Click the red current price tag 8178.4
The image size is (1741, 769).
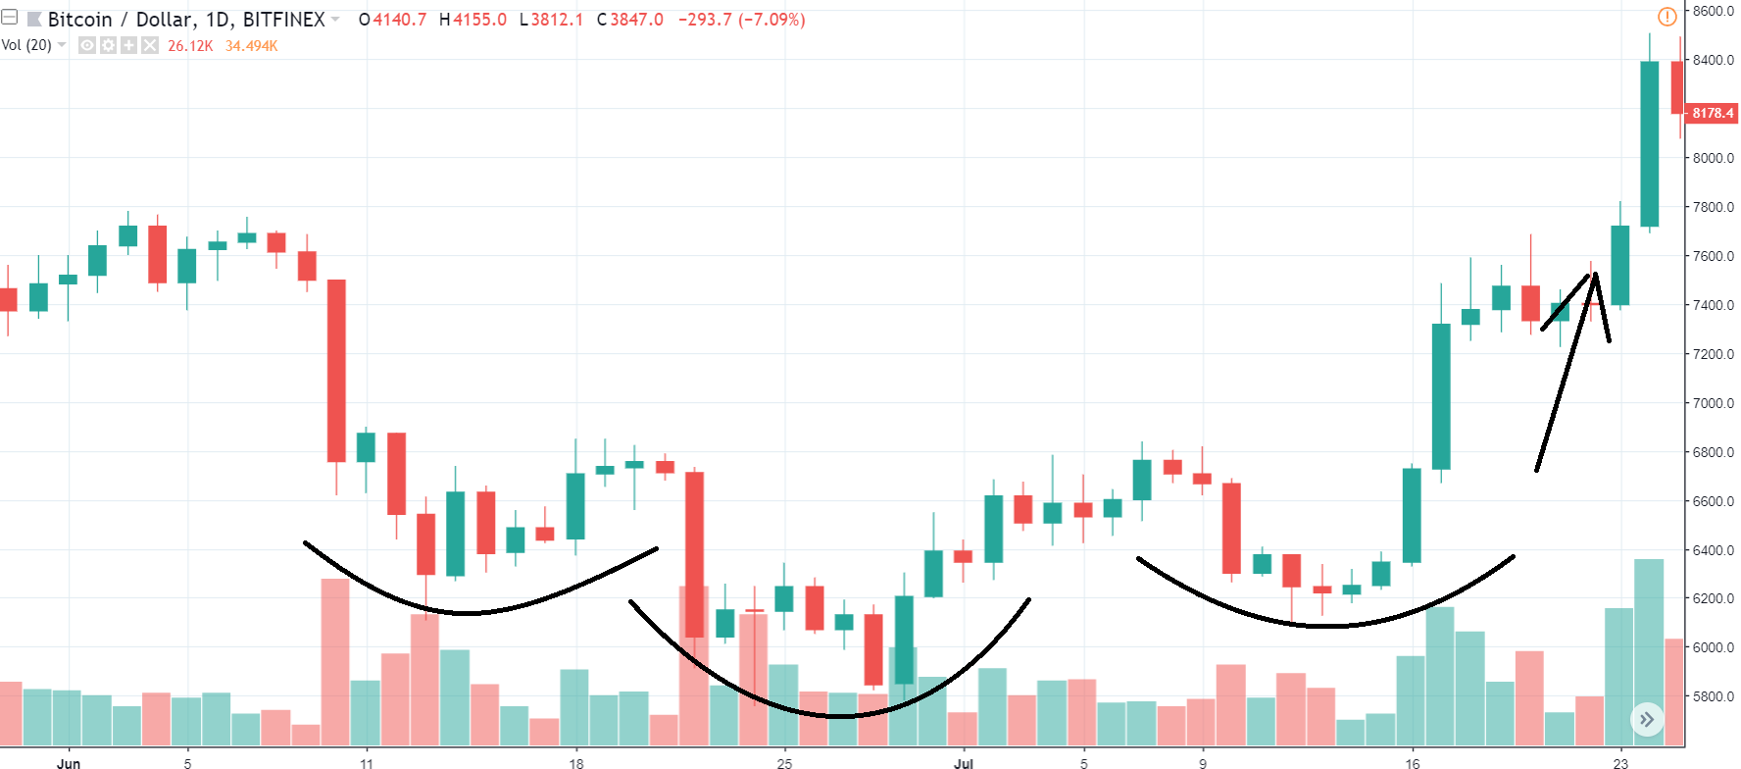[x=1713, y=113]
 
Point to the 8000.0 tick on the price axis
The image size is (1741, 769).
[x=1713, y=158]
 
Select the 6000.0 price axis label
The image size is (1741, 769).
[x=1713, y=647]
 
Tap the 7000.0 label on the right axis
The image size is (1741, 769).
[x=1713, y=403]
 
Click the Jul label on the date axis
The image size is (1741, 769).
[x=964, y=762]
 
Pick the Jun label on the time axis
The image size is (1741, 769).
[x=69, y=762]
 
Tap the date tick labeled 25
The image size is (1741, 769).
[x=784, y=762]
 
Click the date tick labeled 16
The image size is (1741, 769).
[x=1412, y=762]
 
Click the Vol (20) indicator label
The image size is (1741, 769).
[x=26, y=45]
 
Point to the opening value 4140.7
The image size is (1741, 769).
[x=399, y=20]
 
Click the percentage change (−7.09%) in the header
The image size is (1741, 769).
[x=771, y=20]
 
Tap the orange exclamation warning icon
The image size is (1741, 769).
[x=1666, y=17]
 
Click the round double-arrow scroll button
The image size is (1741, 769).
[x=1647, y=720]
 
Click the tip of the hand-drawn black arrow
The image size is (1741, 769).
[x=1595, y=275]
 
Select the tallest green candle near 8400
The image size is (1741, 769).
[x=1650, y=143]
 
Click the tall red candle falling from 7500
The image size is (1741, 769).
[x=336, y=371]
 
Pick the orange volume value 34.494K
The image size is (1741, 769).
[x=252, y=46]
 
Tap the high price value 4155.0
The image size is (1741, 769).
[x=479, y=20]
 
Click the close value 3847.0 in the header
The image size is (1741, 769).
[x=636, y=20]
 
